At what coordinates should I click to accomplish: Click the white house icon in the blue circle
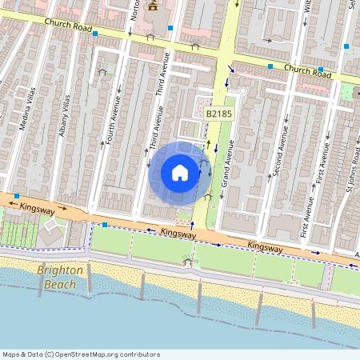click(x=180, y=172)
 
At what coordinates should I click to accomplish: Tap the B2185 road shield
click(x=218, y=115)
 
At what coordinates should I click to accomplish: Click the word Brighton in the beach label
click(x=60, y=270)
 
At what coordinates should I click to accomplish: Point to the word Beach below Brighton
click(x=60, y=283)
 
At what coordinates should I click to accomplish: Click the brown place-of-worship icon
click(x=152, y=8)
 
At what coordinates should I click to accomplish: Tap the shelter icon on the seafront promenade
click(x=188, y=259)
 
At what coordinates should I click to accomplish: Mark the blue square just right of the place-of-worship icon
click(x=171, y=28)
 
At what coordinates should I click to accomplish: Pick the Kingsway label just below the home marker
click(x=179, y=234)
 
